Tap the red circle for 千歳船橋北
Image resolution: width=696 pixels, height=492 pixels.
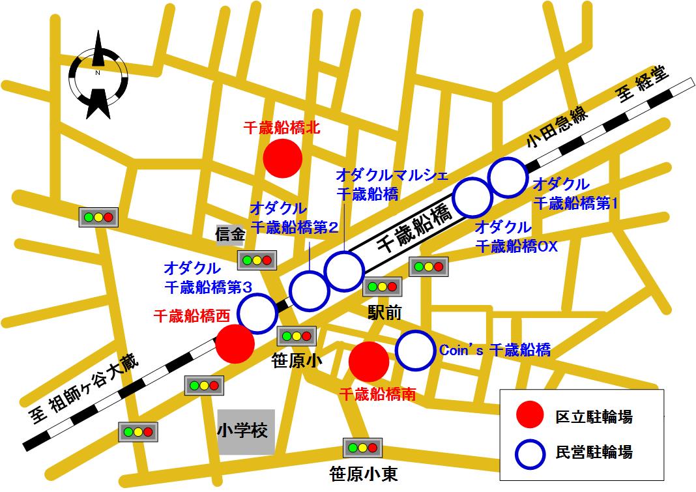[x=282, y=158]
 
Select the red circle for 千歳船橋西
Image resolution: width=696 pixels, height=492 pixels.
[x=235, y=344]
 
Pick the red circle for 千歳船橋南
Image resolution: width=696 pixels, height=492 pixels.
[x=370, y=361]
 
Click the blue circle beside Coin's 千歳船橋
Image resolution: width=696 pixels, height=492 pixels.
[x=414, y=350]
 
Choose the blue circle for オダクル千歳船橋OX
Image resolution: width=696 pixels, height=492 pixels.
[x=472, y=197]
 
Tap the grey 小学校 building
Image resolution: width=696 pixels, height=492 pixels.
[x=246, y=431]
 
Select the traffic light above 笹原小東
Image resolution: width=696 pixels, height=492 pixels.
[x=362, y=448]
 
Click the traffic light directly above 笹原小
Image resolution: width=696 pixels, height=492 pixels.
[x=297, y=336]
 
